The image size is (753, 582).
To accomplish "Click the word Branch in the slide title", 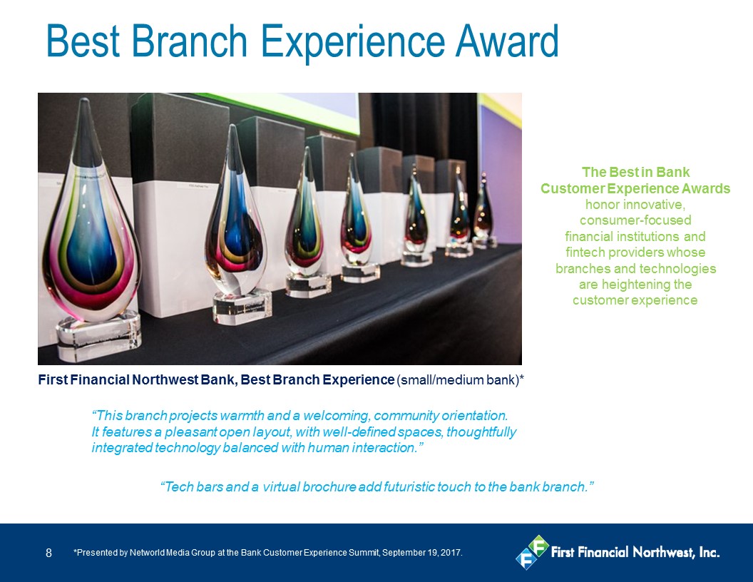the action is point(189,41).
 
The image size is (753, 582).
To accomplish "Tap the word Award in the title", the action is point(507,41).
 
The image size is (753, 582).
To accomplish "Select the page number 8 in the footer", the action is point(48,553).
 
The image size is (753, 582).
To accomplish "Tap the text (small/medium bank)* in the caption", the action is point(460,380).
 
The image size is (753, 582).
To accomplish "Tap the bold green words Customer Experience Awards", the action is point(635,188).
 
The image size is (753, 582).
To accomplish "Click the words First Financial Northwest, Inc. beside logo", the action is point(635,552).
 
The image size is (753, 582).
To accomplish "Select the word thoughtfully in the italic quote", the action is point(481,432).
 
